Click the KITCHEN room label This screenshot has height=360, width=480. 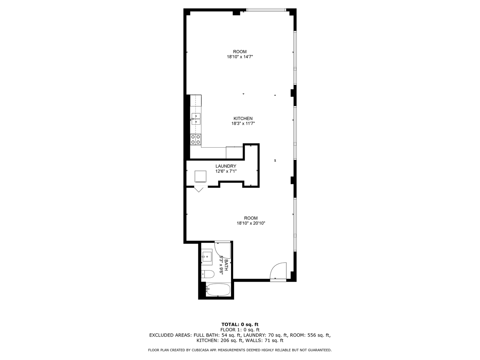tap(243, 118)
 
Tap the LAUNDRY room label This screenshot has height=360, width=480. tap(226, 166)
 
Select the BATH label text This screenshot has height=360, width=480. tap(226, 265)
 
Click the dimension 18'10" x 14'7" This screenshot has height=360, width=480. tap(240, 57)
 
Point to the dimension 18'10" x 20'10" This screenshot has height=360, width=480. tap(251, 223)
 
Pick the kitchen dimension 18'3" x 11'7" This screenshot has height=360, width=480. tap(243, 124)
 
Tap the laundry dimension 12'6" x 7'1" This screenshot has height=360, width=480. tap(226, 171)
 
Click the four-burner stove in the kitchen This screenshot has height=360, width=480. tap(196, 139)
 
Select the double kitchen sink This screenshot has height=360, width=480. tap(196, 119)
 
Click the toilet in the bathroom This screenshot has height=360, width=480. tap(208, 274)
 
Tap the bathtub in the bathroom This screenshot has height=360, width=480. tap(218, 290)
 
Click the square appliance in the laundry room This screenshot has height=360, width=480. tap(200, 176)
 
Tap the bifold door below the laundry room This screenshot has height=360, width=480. tap(199, 189)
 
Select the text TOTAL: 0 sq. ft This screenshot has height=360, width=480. tap(240, 324)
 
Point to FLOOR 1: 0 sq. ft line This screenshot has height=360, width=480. tap(240, 330)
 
